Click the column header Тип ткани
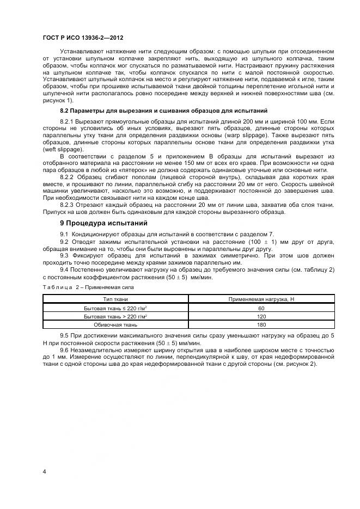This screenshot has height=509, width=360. pyautogui.click(x=115, y=299)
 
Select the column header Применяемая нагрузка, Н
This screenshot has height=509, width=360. pyautogui.click(x=261, y=299)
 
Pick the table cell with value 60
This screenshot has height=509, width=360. pyautogui.click(x=261, y=308)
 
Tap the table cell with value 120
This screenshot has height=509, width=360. pyautogui.click(x=261, y=316)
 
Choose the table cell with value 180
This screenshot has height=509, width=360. pyautogui.click(x=261, y=325)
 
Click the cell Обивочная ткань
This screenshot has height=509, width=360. pyautogui.click(x=115, y=325)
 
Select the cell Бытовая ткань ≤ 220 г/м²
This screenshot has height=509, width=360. pyautogui.click(x=115, y=308)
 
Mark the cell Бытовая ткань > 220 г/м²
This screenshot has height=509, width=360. pyautogui.click(x=115, y=316)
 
